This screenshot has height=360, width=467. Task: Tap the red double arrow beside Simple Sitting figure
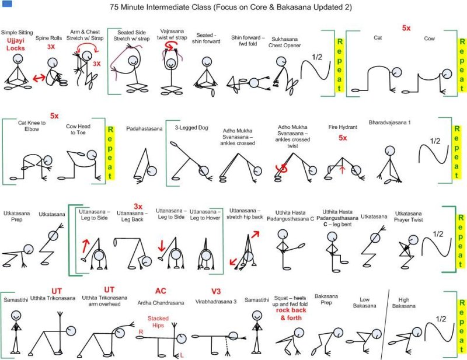coord(40,76)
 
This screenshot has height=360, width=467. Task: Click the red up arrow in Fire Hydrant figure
coord(343,169)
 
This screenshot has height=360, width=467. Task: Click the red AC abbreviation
coord(161,291)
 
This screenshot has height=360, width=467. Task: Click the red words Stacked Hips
coord(158,322)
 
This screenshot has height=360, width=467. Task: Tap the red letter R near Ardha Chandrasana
coord(141,331)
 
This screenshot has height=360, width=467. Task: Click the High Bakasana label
coord(403,302)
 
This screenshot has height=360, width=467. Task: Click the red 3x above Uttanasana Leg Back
coord(138,207)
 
